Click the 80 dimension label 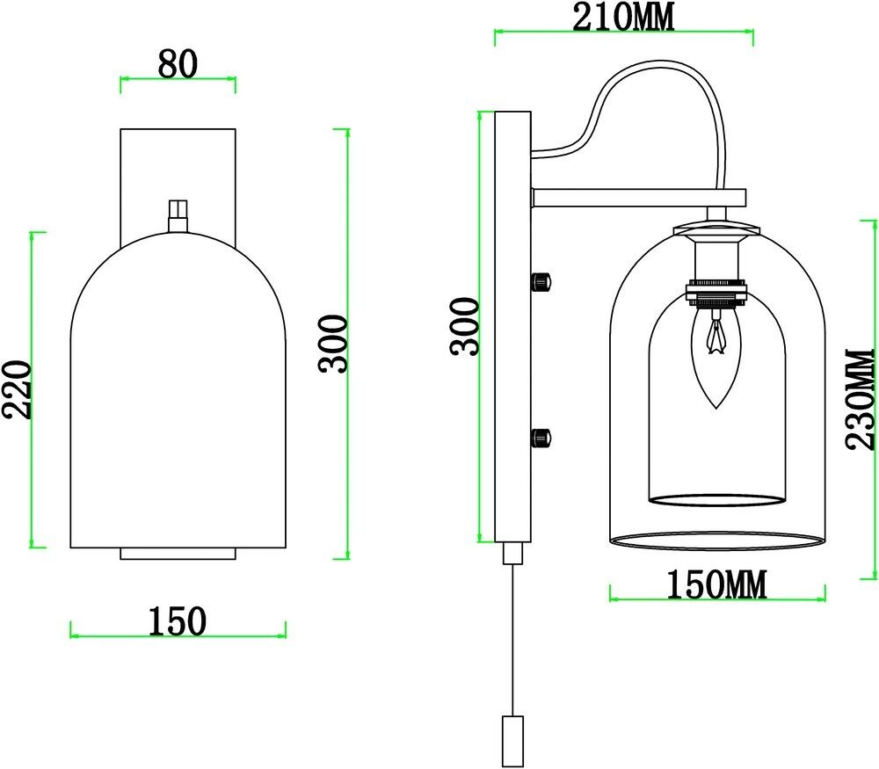178,63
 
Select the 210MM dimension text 624,18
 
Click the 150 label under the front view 178,620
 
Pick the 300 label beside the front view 335,344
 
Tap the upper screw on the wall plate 541,281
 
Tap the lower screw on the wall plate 541,436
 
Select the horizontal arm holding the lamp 638,198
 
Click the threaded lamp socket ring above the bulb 717,293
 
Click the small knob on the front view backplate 178,213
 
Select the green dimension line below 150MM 716,599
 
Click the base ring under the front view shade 178,553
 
